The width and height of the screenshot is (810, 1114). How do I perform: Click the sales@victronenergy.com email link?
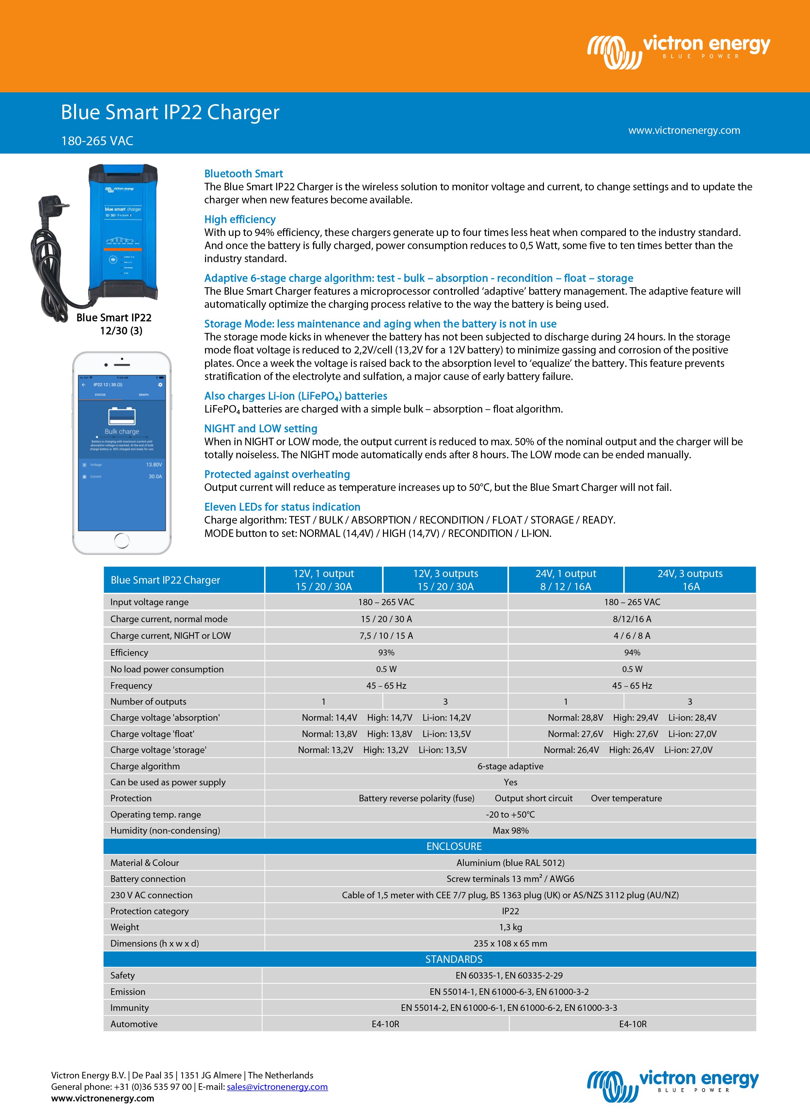point(277,1087)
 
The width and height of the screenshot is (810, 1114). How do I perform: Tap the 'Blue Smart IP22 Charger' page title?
point(170,113)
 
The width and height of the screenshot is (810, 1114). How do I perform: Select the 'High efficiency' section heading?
point(240,220)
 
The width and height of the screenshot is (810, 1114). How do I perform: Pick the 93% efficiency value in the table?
point(386,652)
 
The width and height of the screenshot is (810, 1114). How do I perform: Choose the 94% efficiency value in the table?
point(632,652)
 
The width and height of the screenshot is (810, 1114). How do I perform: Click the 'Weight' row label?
point(125,927)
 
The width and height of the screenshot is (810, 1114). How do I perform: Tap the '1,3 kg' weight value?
point(510,927)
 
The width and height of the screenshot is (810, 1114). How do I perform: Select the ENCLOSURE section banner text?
point(454,846)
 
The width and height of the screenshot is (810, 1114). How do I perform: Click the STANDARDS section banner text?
point(454,959)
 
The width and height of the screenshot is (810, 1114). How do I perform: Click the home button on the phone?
point(121,541)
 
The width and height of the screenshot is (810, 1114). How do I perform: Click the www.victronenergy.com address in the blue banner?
point(684,130)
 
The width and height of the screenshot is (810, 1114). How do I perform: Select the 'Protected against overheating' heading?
point(277,474)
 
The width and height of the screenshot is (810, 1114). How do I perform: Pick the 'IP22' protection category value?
point(510,911)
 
